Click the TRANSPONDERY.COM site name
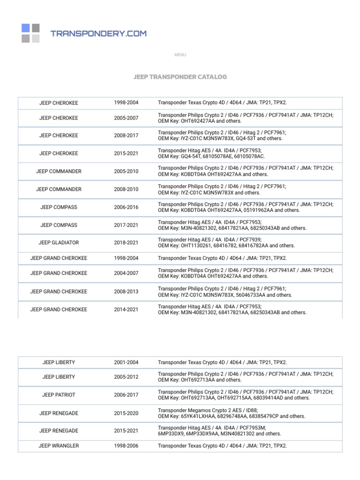click(x=98, y=33)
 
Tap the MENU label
click(x=180, y=55)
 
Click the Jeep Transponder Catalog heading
click(x=180, y=76)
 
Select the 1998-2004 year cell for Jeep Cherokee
click(x=126, y=103)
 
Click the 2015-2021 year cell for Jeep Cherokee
click(x=126, y=153)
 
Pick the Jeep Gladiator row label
click(x=59, y=243)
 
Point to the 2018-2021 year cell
click(x=126, y=243)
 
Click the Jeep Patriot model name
click(x=59, y=395)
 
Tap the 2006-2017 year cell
click(x=126, y=395)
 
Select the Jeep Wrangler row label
click(x=59, y=446)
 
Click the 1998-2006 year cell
click(x=126, y=446)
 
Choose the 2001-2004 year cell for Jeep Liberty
click(x=126, y=362)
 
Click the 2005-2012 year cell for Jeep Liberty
click(x=126, y=377)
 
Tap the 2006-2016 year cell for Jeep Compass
click(x=126, y=207)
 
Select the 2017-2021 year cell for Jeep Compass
click(x=126, y=225)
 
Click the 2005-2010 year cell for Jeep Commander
click(x=126, y=171)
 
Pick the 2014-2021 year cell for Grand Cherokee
click(x=126, y=309)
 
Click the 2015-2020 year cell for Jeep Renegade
click(x=126, y=412)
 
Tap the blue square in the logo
click(x=25, y=28)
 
